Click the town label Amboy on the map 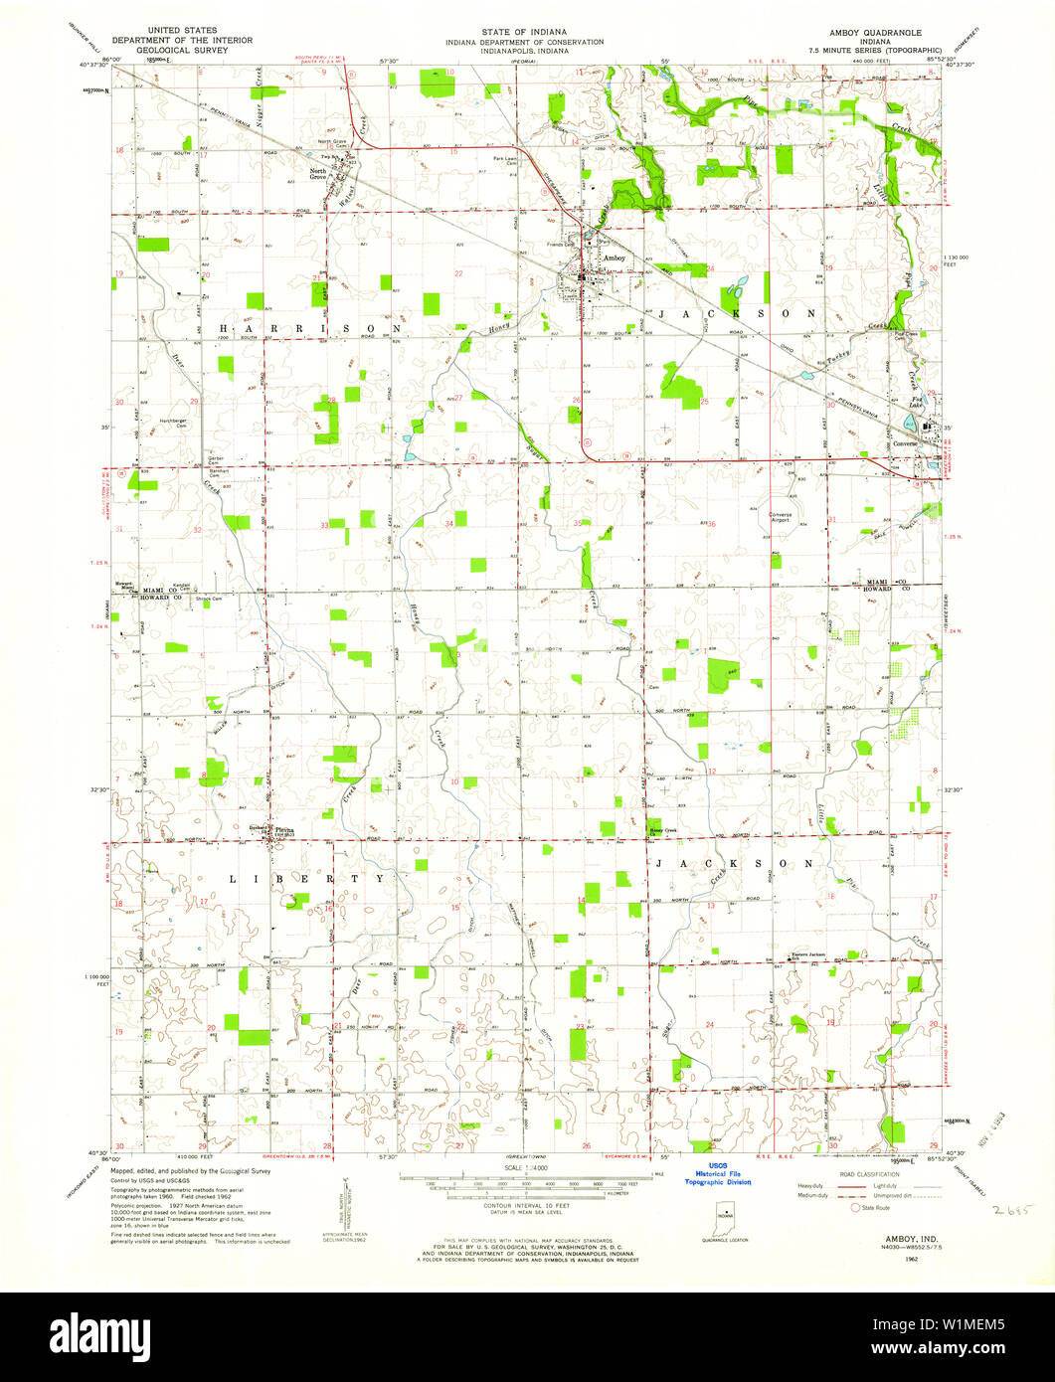coord(614,258)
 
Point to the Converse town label coord(904,443)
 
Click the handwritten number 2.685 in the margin coord(1013,1212)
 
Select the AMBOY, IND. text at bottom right coord(897,1239)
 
